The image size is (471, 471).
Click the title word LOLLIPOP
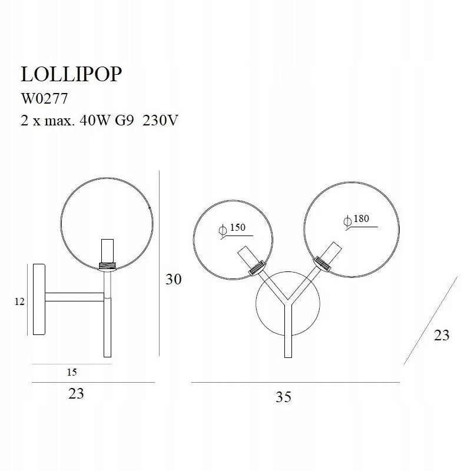click(x=72, y=75)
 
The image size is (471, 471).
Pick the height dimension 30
click(x=173, y=279)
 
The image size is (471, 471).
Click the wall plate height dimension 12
click(x=19, y=301)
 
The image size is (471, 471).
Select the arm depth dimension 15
click(x=72, y=372)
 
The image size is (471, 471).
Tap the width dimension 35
click(x=283, y=397)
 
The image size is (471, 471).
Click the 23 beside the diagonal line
click(x=441, y=335)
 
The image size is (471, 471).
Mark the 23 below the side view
click(x=77, y=394)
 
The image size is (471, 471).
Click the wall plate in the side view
click(x=39, y=300)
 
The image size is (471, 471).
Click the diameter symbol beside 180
click(x=347, y=221)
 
